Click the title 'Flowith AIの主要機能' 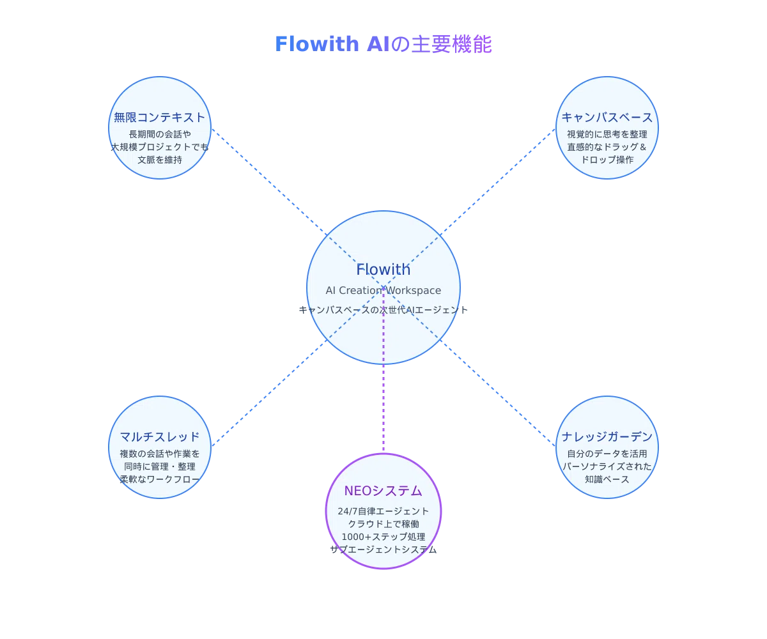[383, 44]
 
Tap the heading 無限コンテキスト [159, 117]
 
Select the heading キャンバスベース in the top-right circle [607, 117]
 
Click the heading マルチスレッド [159, 436]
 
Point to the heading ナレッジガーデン [607, 436]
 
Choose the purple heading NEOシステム [383, 491]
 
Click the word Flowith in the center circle [383, 269]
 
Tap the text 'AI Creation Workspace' [383, 290]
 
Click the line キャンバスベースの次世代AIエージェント [383, 309]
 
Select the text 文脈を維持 [159, 160]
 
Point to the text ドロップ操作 [607, 160]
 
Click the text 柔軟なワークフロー [159, 479]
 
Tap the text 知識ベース [607, 479]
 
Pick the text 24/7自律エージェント [383, 511]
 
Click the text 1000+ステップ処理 [383, 537]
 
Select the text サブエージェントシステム [383, 550]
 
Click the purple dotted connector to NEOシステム [383, 369]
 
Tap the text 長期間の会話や [159, 134]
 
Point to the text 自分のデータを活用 [607, 454]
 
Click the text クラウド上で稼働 [383, 524]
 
